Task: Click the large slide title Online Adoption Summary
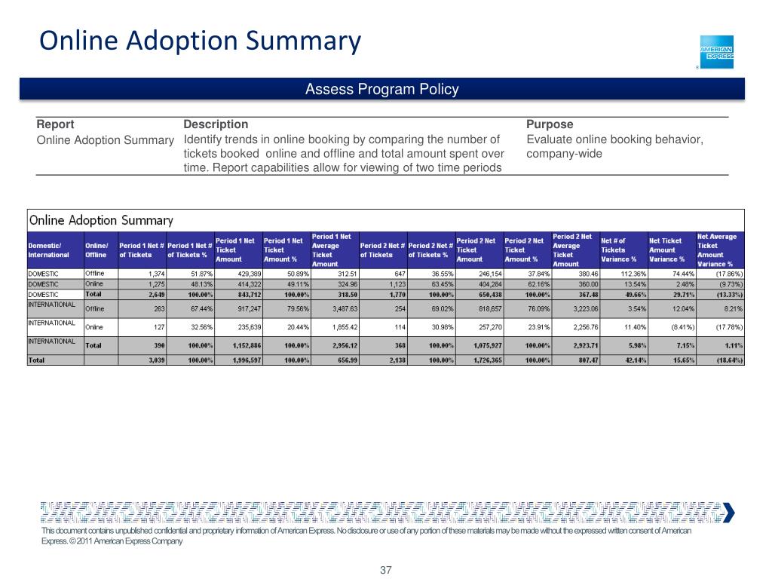[201, 40]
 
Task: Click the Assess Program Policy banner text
[381, 90]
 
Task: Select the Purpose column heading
[550, 124]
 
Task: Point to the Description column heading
[216, 124]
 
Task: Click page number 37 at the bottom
[386, 570]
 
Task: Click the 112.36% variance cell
[622, 274]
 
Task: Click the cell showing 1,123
[392, 284]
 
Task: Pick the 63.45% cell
[437, 284]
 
